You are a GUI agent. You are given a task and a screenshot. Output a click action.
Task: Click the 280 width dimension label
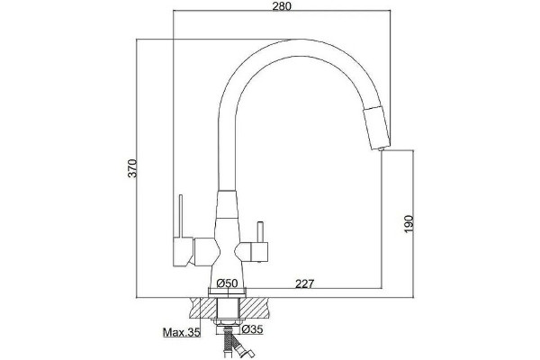click(282, 6)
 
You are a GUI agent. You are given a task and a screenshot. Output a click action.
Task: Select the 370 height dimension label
click(132, 168)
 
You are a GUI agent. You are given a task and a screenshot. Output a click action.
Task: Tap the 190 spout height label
click(408, 224)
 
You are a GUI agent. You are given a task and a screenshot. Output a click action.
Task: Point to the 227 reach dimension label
click(305, 283)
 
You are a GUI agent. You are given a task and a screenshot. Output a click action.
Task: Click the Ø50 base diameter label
click(228, 283)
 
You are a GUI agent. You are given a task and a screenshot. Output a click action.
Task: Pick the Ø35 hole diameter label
click(252, 329)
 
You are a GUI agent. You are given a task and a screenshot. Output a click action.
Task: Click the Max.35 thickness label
click(181, 332)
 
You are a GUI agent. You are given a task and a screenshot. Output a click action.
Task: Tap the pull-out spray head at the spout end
click(377, 128)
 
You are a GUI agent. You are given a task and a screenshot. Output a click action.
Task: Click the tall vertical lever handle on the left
click(181, 216)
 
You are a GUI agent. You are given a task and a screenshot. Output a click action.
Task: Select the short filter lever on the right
click(260, 232)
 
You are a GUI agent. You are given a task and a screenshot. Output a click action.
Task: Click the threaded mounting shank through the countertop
click(229, 309)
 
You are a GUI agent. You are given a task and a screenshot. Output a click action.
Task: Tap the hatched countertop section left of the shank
click(203, 309)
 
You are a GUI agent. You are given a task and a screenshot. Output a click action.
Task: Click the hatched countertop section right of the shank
click(254, 309)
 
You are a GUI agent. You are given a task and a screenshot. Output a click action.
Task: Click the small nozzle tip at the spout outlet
click(381, 148)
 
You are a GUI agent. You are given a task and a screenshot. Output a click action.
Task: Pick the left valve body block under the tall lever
click(184, 252)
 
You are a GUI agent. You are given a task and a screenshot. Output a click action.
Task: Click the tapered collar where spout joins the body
click(228, 204)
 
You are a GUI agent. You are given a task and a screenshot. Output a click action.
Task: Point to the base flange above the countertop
click(228, 292)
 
